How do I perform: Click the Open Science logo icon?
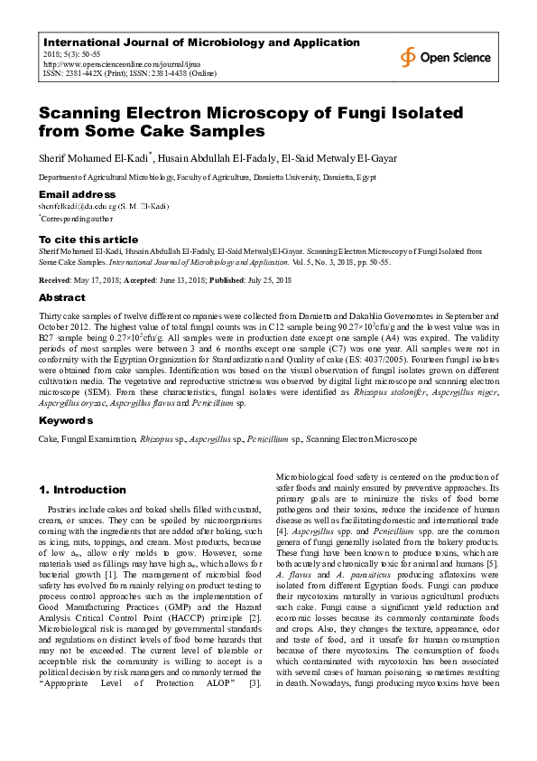coord(409,56)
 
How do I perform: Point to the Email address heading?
coord(77,194)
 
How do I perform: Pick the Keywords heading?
coord(65,421)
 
